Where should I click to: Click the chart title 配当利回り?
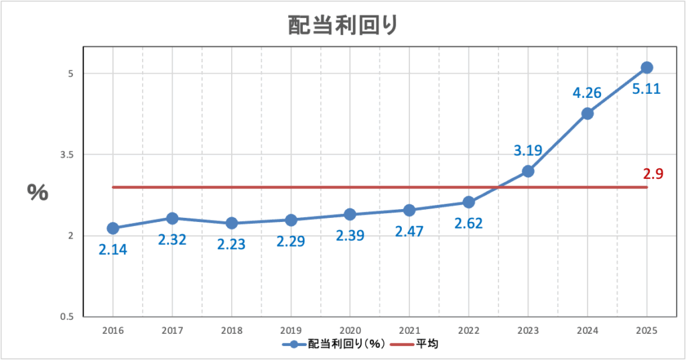(343, 25)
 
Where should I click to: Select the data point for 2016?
(113, 229)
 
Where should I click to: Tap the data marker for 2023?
(528, 171)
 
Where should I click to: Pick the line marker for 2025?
(646, 67)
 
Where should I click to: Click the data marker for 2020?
(350, 215)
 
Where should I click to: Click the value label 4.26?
(587, 93)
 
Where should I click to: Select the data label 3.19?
(528, 151)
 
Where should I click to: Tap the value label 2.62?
(468, 223)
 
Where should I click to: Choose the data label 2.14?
(113, 249)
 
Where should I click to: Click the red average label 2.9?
(653, 174)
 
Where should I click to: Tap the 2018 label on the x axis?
(231, 331)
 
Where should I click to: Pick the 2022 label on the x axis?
(468, 331)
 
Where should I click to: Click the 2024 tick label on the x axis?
(587, 331)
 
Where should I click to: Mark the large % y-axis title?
(38, 192)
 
